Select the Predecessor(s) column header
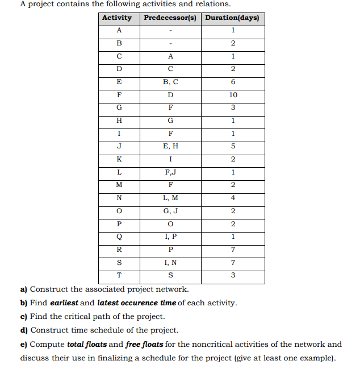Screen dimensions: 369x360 tap(170, 18)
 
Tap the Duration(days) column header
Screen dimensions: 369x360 tap(232, 18)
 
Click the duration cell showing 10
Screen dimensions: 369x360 tap(233, 95)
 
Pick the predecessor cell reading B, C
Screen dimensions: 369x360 tap(170, 82)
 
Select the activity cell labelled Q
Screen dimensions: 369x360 tap(119, 237)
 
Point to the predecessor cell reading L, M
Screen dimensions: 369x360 tap(170, 198)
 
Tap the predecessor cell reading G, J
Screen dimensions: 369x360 tap(170, 211)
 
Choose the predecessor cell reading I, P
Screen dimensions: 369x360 tap(170, 237)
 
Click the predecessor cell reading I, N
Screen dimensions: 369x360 tap(170, 263)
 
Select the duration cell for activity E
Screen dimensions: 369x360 tap(233, 82)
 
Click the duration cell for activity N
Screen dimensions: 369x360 tap(233, 198)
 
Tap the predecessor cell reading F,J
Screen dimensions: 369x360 tap(170, 172)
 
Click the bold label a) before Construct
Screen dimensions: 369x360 tap(24, 290)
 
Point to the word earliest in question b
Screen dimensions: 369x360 tap(64, 303)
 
